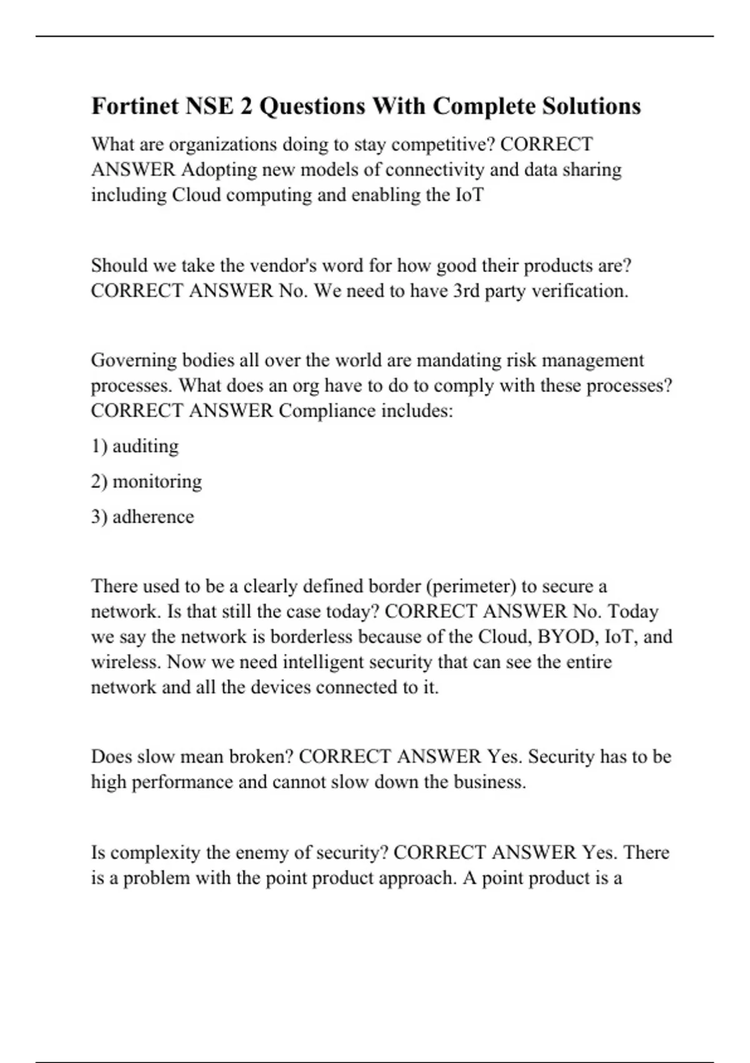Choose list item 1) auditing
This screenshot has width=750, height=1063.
tap(135, 446)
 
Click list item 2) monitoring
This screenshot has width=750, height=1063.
tap(146, 481)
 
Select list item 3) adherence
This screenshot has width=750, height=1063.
tap(142, 517)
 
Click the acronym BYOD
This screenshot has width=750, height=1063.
tap(566, 637)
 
